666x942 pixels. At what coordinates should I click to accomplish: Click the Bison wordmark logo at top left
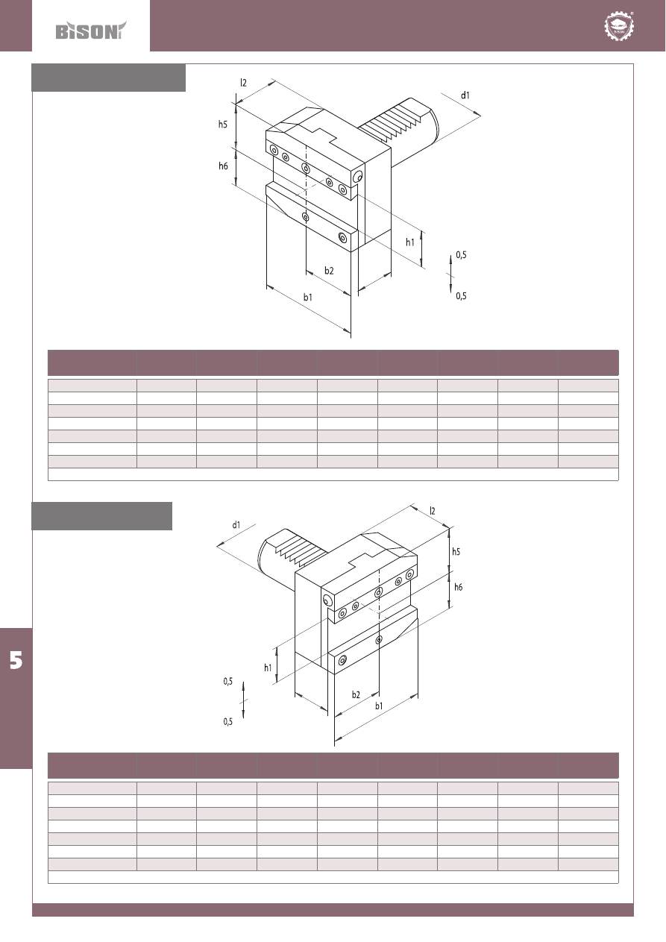(91, 31)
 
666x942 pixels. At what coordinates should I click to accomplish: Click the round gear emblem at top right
(619, 26)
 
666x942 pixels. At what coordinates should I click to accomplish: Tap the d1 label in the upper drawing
(465, 95)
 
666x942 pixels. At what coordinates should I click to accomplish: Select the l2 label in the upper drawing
(243, 83)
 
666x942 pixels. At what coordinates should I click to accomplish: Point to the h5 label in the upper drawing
(223, 124)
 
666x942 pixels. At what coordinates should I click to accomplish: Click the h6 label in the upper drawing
(223, 166)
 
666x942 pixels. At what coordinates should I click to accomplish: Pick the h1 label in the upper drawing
(410, 242)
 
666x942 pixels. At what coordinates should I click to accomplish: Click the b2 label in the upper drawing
(329, 271)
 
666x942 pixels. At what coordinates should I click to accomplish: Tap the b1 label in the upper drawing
(308, 298)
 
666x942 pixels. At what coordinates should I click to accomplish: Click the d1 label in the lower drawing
(236, 525)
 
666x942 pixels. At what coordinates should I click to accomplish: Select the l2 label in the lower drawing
(433, 511)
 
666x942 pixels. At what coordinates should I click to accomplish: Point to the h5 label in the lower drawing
(456, 551)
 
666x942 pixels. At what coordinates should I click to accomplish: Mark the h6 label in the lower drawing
(459, 587)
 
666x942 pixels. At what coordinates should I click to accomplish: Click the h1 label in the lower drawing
(268, 668)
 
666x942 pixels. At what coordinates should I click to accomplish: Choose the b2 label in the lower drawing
(356, 694)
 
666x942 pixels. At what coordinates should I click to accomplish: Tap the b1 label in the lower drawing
(379, 706)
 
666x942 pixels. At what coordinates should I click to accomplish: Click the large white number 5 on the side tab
(16, 660)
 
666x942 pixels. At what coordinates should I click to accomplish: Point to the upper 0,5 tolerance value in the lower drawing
(228, 681)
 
